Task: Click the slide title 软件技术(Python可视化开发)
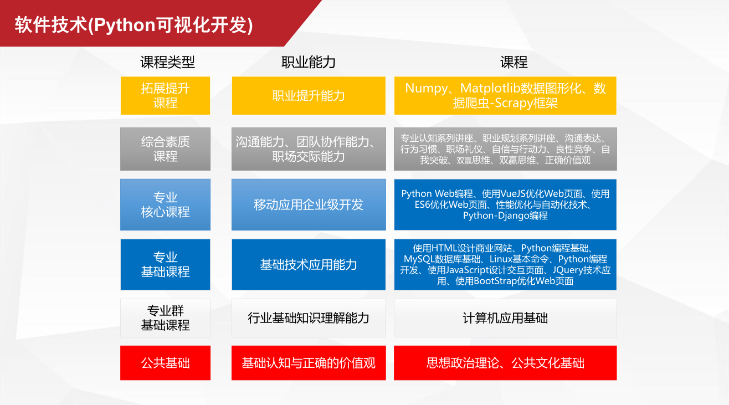point(134,25)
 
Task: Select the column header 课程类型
point(167,62)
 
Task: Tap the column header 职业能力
point(308,62)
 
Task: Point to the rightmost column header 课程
point(514,62)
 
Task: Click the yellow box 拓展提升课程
point(165,95)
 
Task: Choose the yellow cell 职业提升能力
point(309,95)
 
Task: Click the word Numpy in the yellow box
point(426,89)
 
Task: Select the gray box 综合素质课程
point(165,149)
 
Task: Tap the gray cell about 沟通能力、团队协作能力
point(309,149)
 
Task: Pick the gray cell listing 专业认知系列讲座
point(505,149)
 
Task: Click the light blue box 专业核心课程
point(165,204)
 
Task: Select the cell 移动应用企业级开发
point(309,204)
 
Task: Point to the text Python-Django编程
point(505,216)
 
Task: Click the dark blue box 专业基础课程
point(165,264)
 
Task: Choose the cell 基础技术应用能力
point(309,264)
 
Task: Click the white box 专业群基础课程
point(165,318)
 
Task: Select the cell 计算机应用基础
point(505,318)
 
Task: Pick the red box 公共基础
point(165,363)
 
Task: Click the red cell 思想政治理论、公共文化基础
point(505,363)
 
